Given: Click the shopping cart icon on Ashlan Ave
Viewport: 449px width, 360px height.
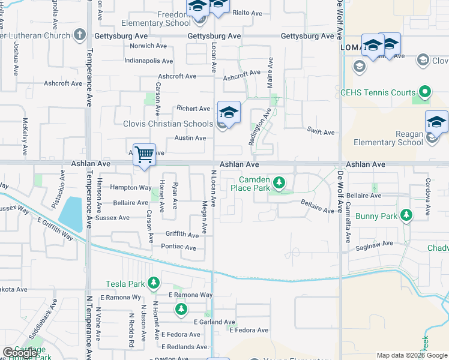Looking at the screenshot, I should coord(144,155).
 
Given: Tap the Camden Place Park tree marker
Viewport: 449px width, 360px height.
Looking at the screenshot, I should coord(279,182).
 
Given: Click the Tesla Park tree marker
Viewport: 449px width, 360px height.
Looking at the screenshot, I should coord(154,283).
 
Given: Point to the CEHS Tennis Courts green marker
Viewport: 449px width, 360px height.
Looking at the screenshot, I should coord(425,92).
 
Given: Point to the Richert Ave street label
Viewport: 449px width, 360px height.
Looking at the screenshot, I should coord(193,109).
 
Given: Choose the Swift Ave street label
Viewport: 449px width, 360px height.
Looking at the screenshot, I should coord(321,132).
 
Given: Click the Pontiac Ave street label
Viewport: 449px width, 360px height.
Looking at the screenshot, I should coord(178,247).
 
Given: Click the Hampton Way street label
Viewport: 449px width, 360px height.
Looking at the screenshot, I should coord(130,187).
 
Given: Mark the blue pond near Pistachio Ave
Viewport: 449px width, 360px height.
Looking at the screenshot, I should coord(71,214).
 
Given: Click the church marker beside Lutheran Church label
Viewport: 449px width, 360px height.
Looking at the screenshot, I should coord(80,35).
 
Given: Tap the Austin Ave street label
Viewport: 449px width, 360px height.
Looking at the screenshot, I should coord(190,138).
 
